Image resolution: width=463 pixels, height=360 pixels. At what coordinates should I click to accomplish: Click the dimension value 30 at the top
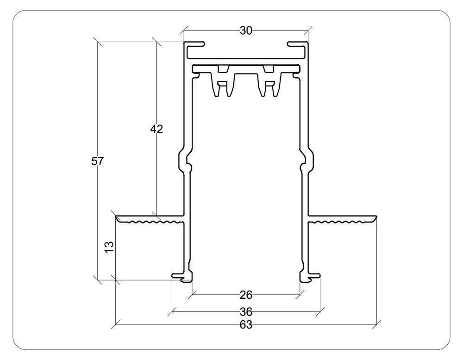(x=246, y=31)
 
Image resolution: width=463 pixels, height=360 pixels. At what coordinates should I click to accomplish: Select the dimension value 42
(x=156, y=129)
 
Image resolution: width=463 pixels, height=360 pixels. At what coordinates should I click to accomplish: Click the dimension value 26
(x=246, y=295)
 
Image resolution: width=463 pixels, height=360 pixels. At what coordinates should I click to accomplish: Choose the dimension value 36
(x=246, y=311)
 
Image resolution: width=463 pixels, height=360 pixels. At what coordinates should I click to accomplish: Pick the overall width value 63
(x=246, y=325)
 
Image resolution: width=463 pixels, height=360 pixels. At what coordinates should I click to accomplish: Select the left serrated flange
(x=149, y=218)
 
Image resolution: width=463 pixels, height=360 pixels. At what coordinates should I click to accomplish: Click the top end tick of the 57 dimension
(x=98, y=42)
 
